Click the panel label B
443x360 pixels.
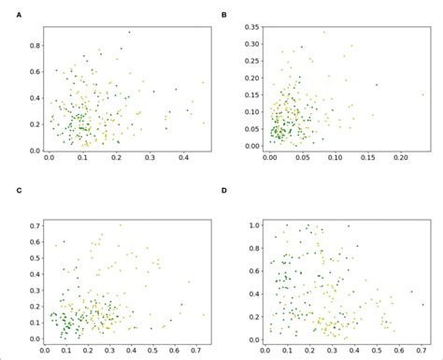click(x=222, y=16)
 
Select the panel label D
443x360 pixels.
click(x=222, y=192)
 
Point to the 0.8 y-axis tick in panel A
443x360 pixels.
click(x=35, y=44)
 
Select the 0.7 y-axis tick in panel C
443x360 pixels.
click(x=35, y=225)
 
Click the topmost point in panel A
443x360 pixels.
click(x=129, y=32)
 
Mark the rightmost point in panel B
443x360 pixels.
click(x=422, y=94)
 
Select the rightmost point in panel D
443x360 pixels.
click(x=422, y=305)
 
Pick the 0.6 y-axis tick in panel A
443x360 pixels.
click(x=35, y=70)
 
